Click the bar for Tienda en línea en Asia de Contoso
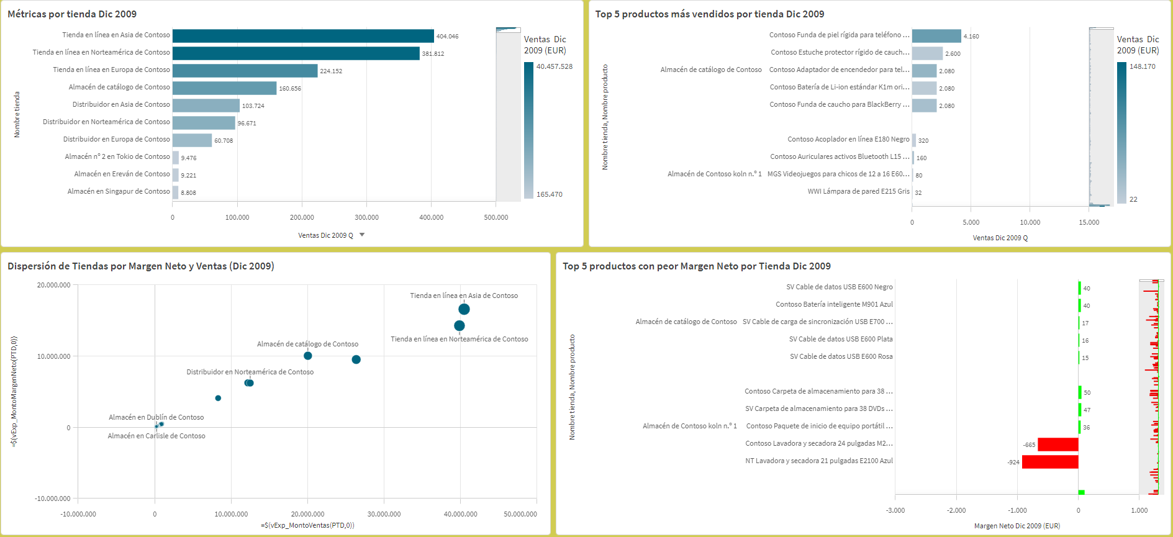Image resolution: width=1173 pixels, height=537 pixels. [303, 36]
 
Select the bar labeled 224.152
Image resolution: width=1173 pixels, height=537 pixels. [245, 71]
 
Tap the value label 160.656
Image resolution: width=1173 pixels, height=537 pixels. [290, 89]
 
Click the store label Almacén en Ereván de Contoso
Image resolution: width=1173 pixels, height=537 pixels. [122, 174]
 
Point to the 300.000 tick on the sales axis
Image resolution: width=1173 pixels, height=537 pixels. [366, 218]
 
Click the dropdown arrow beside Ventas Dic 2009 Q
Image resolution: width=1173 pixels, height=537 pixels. [362, 235]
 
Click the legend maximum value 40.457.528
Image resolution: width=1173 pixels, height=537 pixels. [554, 66]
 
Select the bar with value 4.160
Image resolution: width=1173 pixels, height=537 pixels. [936, 36]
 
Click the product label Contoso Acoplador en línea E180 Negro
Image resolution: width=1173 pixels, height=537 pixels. [848, 140]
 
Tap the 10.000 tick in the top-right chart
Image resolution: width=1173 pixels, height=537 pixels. [1030, 222]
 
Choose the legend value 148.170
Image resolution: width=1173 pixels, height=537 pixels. [1142, 66]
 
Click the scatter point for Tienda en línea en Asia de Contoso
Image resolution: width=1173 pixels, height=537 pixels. [464, 309]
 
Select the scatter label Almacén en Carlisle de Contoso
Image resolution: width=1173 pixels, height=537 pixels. [156, 436]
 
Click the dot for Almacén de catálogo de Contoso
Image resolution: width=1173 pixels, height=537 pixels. [308, 356]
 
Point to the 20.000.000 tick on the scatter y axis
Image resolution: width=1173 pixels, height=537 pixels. [54, 285]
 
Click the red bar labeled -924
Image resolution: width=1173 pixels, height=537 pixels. [1050, 462]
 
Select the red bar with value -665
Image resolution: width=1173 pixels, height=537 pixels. [1058, 444]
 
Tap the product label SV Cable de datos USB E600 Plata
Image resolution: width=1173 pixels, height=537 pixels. [841, 339]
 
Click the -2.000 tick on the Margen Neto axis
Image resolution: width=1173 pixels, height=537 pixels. [956, 510]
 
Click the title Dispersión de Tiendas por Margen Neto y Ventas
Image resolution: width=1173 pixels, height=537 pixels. [140, 266]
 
